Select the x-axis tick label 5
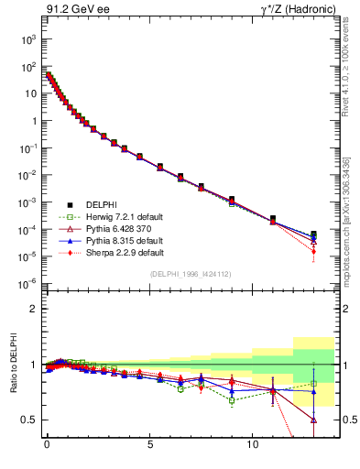point(149,452)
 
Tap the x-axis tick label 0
point(47,452)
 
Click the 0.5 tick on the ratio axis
point(27,420)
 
